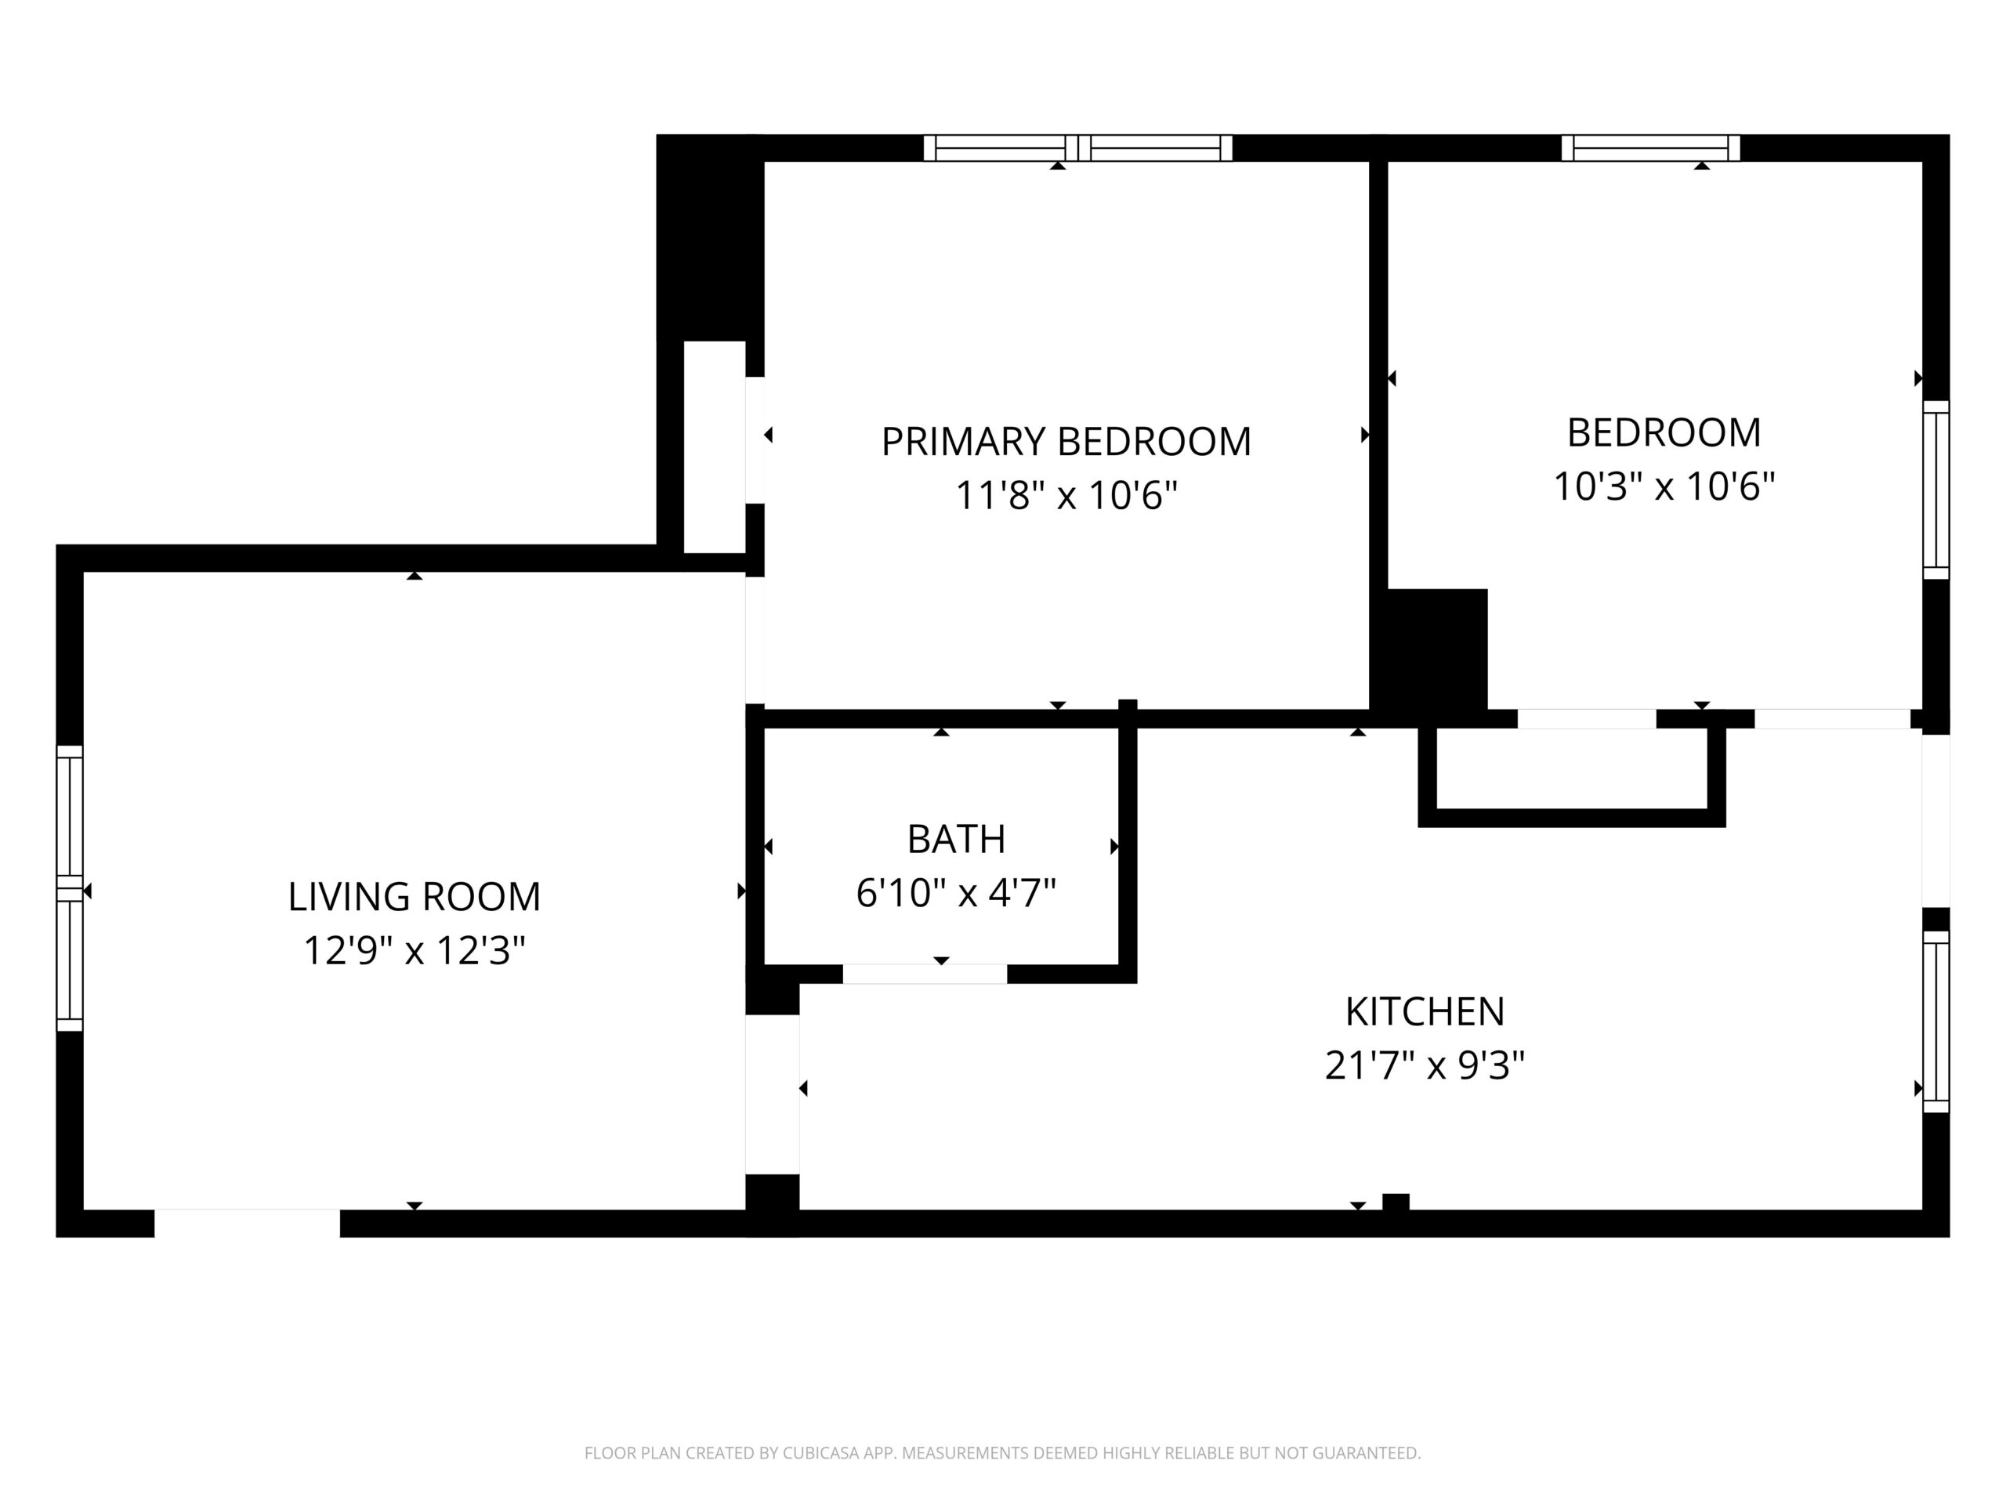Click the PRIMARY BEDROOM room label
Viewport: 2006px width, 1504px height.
coord(1066,443)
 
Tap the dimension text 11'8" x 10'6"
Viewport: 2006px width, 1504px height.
coord(1066,496)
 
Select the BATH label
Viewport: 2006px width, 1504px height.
coord(956,840)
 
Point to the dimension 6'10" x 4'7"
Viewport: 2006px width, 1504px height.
coord(956,893)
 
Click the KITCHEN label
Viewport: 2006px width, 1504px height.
coord(1424,1012)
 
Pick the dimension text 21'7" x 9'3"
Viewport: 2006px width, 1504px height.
coord(1424,1065)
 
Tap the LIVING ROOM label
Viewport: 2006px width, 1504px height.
coord(414,898)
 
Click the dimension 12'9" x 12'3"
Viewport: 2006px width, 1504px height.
coord(414,951)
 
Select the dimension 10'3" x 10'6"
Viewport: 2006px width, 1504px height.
coord(1664,486)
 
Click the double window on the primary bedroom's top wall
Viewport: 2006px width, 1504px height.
coord(1077,148)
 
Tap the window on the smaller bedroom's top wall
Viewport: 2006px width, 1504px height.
coord(1650,148)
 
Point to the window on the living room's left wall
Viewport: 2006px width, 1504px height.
coord(70,888)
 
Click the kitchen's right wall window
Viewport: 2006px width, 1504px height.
coord(1935,1021)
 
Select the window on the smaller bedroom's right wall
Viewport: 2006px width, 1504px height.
coord(1935,490)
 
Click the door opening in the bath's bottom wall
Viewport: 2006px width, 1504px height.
coord(924,974)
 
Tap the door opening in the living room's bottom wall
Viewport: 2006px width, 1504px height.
coord(247,1223)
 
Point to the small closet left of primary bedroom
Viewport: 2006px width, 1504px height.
coord(714,447)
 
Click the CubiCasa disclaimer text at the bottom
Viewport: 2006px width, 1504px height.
coord(1002,1453)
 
